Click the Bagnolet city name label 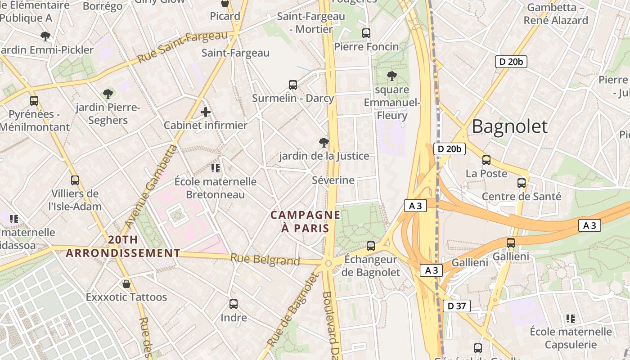click(509, 126)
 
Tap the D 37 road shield click(457, 306)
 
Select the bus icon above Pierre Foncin click(366, 33)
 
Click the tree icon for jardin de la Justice click(324, 143)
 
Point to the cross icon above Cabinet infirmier click(206, 112)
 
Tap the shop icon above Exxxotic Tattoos click(126, 284)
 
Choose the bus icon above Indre click(234, 304)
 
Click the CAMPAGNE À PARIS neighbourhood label click(306, 221)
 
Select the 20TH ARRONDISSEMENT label click(123, 247)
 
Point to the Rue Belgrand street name click(265, 260)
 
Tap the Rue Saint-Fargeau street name click(183, 47)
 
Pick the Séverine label click(333, 180)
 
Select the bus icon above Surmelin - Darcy click(293, 85)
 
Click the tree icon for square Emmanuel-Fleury click(392, 76)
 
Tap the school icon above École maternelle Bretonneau click(216, 168)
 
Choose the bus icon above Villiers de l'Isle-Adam click(75, 180)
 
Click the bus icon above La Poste click(486, 160)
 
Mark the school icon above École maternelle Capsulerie click(571, 319)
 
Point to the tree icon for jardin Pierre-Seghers click(108, 94)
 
